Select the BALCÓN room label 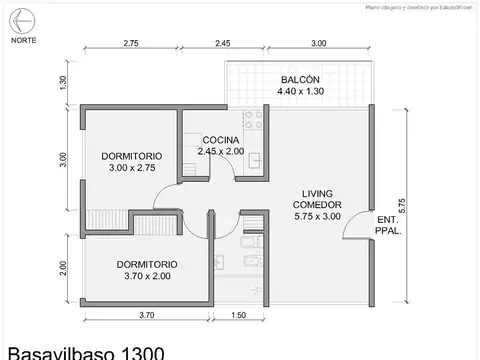click(300, 79)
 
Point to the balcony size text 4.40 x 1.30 click(300, 92)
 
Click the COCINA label click(220, 139)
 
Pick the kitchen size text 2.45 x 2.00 click(221, 151)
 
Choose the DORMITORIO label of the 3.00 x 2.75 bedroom click(133, 156)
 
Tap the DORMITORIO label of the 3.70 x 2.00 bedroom click(150, 265)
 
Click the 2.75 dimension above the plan click(131, 44)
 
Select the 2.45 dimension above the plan click(222, 44)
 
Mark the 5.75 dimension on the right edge click(402, 205)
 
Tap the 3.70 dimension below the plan click(146, 316)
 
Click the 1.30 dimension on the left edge click(63, 83)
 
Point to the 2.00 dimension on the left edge click(63, 267)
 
